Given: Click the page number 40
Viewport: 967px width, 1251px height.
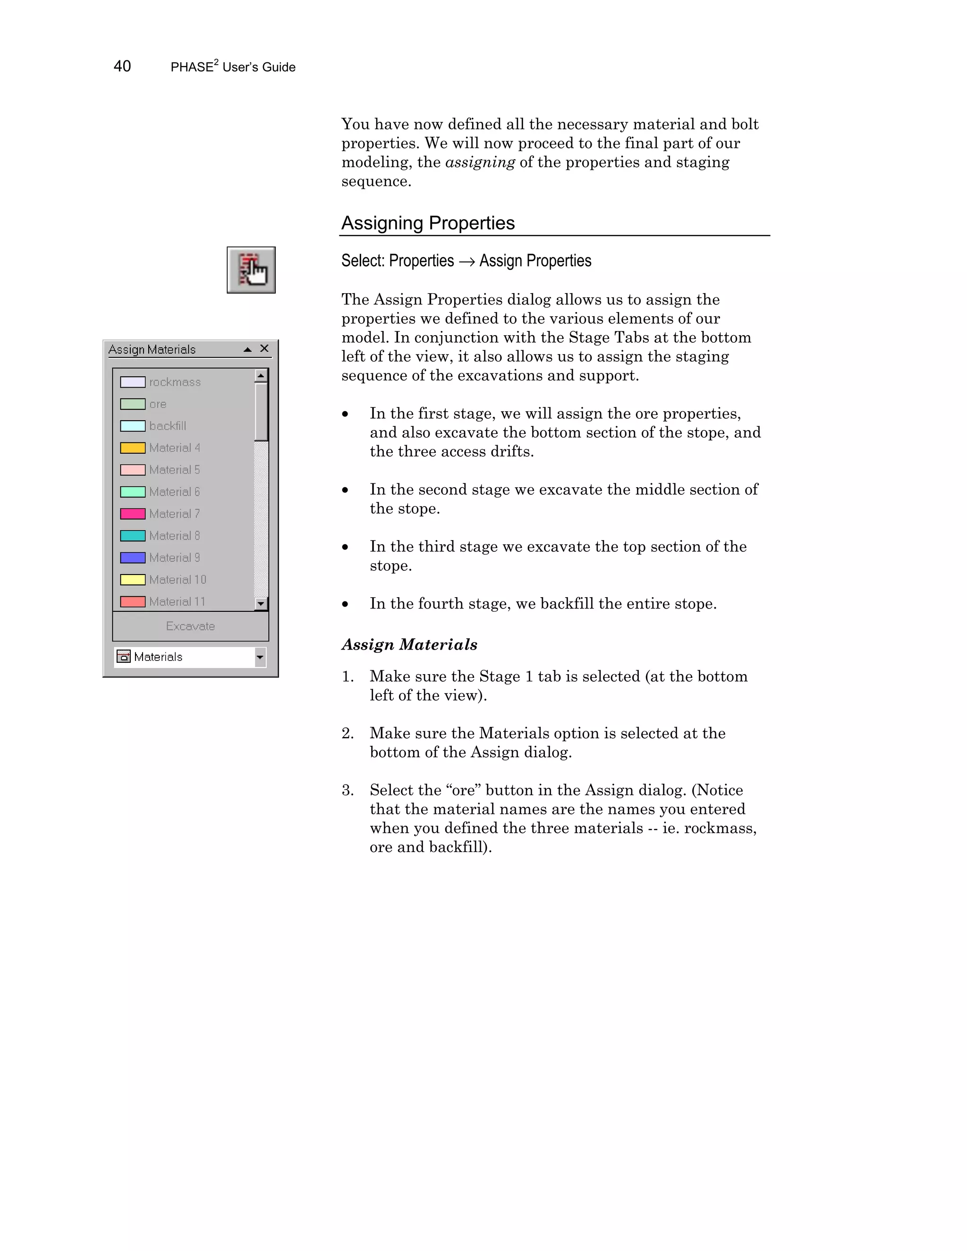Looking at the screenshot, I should click(x=122, y=67).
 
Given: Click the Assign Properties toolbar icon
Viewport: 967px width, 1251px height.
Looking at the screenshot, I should click(x=251, y=270).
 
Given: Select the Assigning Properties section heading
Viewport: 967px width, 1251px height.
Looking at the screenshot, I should click(x=428, y=223).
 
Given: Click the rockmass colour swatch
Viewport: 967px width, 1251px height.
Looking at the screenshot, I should click(x=132, y=382).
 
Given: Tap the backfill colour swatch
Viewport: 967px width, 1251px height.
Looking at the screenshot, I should click(x=132, y=426).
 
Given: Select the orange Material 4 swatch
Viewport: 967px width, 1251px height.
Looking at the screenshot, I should click(x=132, y=448).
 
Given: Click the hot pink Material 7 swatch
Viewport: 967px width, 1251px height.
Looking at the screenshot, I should click(x=132, y=514).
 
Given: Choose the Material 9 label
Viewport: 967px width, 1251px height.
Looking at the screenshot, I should click(x=174, y=558).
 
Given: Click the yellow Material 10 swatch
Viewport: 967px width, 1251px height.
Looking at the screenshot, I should click(x=132, y=580).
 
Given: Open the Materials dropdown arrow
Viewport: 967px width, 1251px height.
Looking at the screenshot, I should click(x=261, y=657).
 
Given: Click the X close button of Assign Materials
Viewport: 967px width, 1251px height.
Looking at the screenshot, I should click(x=264, y=348).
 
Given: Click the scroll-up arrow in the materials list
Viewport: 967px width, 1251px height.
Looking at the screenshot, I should click(x=261, y=376).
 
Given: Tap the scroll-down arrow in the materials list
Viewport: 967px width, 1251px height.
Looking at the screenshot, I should click(x=261, y=603).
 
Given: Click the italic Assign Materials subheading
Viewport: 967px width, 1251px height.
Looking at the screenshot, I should click(x=409, y=644).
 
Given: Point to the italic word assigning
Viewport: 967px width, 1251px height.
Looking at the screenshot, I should click(x=480, y=162).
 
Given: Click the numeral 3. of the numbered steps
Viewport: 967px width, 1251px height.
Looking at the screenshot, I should click(x=348, y=790).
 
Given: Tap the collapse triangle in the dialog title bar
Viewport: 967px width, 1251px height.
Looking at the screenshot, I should click(x=247, y=349).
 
